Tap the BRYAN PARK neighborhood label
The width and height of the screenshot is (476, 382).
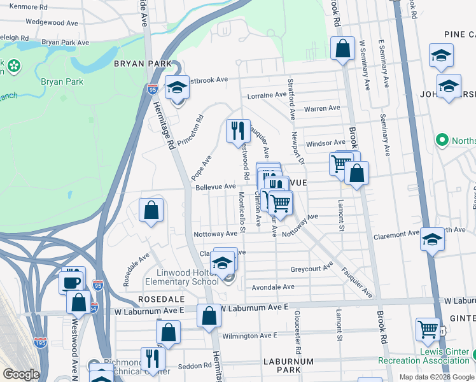point(143,64)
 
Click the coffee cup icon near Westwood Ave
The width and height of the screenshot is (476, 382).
point(71,281)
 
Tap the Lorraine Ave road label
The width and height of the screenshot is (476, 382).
point(267,95)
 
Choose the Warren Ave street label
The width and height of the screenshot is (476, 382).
point(321,109)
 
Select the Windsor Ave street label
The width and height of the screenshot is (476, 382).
point(325,144)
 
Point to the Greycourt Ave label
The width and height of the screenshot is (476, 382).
point(312,269)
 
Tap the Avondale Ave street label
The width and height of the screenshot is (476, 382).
point(273,287)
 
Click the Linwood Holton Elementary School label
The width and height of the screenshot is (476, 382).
point(181,278)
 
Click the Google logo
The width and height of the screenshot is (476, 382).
point(21,374)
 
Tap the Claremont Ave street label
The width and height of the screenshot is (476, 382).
point(396,234)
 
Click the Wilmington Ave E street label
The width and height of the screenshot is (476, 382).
point(249,336)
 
